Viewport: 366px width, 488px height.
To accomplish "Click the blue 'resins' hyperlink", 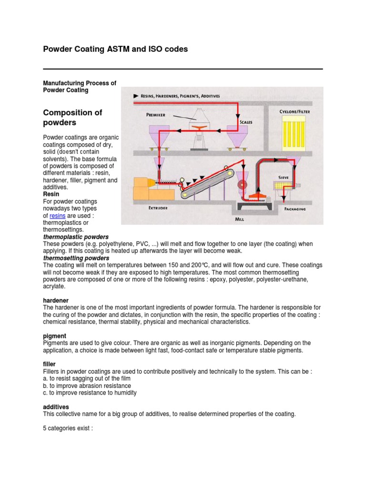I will tap(57, 216).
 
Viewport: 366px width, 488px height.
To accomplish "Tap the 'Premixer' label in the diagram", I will tap(155, 115).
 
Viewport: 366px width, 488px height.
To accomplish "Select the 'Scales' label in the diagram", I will tap(246, 122).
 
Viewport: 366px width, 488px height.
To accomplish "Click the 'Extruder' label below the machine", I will tap(157, 208).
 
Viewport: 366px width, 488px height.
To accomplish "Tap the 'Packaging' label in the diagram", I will tap(295, 209).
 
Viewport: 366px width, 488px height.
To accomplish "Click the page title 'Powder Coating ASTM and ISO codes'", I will tap(115, 49).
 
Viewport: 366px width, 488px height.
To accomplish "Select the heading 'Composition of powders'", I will tap(72, 117).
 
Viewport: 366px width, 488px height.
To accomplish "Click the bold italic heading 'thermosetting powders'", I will tap(76, 258).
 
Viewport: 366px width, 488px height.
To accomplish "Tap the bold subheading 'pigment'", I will tap(55, 336).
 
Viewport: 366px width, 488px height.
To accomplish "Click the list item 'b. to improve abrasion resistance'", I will tap(87, 386).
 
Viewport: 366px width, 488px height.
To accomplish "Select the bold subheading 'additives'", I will tap(56, 407).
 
